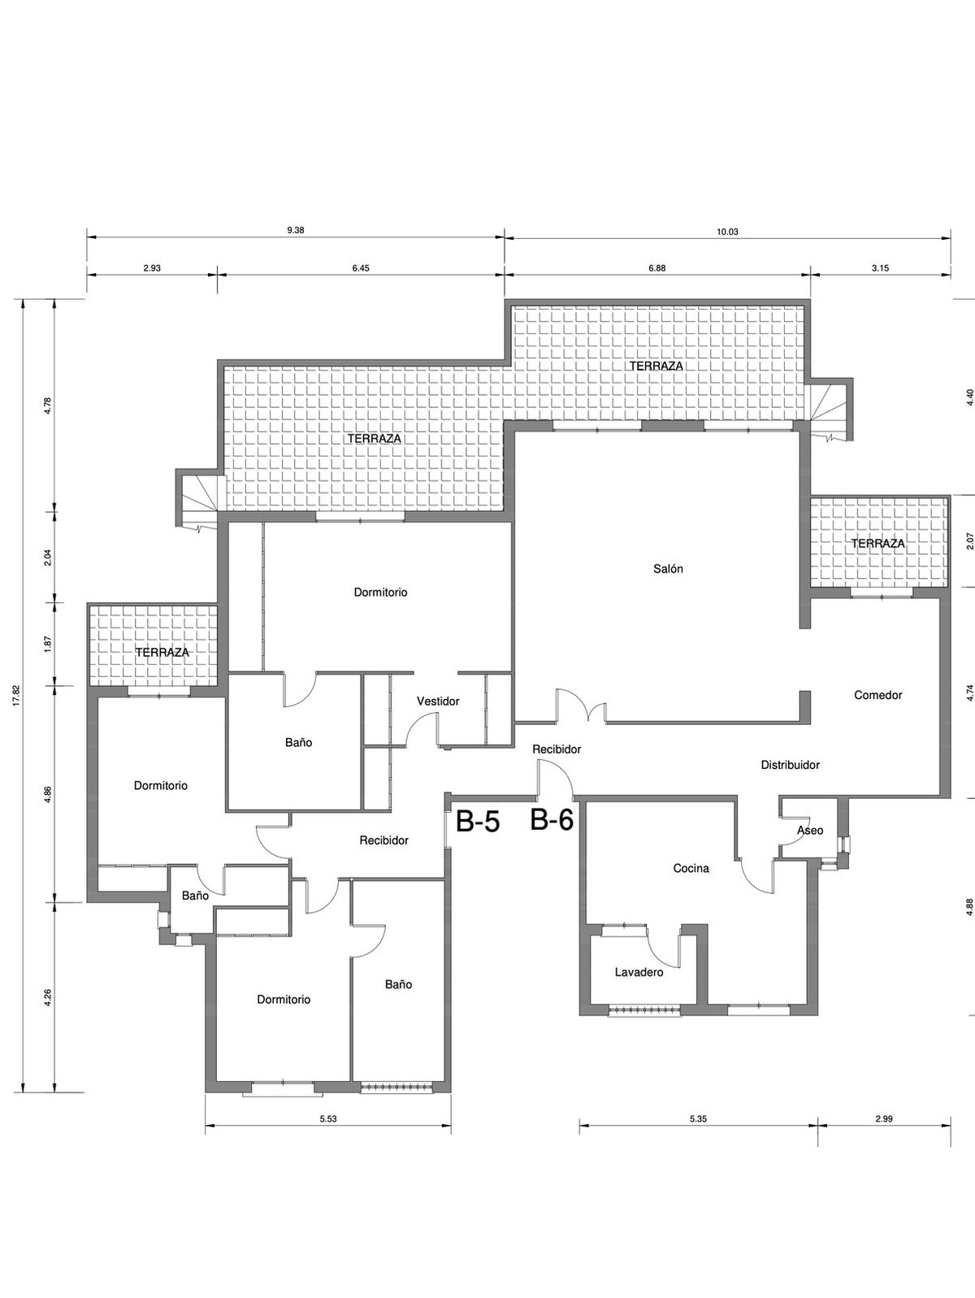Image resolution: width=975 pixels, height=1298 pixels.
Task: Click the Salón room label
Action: coord(668,569)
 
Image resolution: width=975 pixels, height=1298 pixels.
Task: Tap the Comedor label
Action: coord(877,695)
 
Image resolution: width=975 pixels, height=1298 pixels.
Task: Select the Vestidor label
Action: coord(438,701)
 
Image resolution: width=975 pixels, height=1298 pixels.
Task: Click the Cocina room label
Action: coord(691,868)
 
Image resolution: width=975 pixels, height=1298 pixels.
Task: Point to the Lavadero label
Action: coord(639,972)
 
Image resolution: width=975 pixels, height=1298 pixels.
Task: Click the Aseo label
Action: coord(810,830)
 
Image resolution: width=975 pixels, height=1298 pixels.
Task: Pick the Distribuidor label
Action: coord(790,765)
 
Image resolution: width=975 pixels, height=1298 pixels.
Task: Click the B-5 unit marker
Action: coord(477,822)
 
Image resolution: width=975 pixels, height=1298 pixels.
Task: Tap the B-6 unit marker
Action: coord(552,820)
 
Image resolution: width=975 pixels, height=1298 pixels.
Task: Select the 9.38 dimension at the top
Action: coord(296,230)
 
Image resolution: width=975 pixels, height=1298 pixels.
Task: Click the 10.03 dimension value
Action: coord(727,232)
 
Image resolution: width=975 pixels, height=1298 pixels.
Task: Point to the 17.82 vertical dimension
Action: coord(16,697)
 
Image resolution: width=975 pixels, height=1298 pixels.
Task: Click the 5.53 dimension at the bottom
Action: coord(328,1119)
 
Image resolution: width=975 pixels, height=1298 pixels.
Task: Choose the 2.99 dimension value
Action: coord(884,1118)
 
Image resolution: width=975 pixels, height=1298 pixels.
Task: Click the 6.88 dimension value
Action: coord(656,268)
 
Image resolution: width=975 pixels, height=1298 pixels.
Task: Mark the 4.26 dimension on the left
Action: coord(48,997)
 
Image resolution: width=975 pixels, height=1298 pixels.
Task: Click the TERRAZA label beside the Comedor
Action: coord(877,543)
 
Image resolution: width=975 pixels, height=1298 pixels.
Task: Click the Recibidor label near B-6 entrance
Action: coord(557,749)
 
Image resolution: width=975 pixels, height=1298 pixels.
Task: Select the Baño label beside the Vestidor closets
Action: coord(298,742)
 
